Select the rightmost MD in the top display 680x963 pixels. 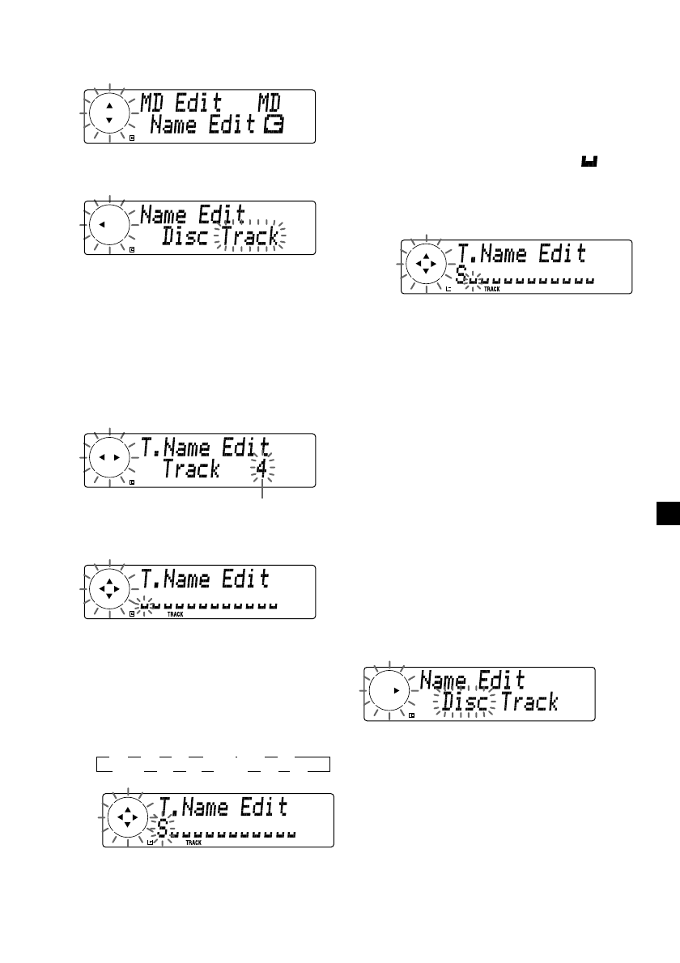[x=273, y=104]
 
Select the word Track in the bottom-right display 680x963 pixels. [x=529, y=702]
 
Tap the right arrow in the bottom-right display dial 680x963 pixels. [x=395, y=690]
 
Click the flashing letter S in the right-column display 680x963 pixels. [x=461, y=276]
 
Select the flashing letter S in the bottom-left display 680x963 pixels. [x=163, y=830]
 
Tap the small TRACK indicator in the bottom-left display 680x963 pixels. [x=193, y=843]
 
